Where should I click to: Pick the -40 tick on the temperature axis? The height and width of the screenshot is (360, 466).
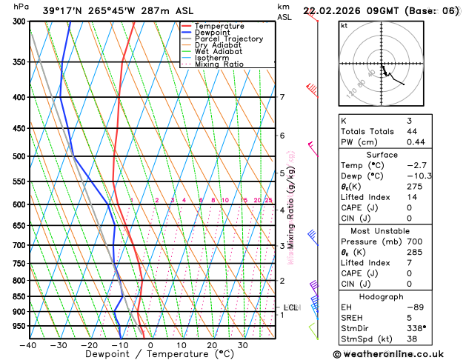tap(28, 345)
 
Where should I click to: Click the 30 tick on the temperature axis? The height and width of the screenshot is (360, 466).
tap(243, 345)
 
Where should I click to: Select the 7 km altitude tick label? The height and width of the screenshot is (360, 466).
tap(282, 97)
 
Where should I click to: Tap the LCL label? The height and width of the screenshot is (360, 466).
tap(291, 307)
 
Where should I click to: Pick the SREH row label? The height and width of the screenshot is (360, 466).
tap(353, 317)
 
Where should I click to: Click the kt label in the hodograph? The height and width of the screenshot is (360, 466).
tap(344, 25)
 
